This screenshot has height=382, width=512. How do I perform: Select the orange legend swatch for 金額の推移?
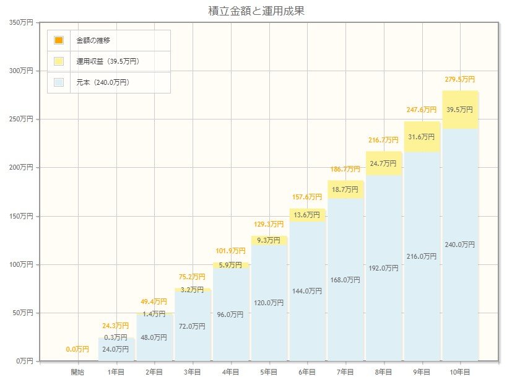(x=59, y=40)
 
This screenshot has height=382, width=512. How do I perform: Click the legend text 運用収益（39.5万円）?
(x=107, y=61)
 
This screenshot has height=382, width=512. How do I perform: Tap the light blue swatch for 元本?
(x=59, y=82)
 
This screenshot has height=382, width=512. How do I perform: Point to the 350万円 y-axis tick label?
(x=22, y=22)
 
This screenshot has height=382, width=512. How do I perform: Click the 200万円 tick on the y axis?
(x=22, y=168)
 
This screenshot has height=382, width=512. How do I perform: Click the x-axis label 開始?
(x=78, y=372)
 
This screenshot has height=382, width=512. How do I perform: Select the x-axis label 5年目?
(x=269, y=372)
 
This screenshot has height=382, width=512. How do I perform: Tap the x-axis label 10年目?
(x=459, y=372)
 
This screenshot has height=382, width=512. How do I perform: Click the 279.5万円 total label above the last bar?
(x=459, y=79)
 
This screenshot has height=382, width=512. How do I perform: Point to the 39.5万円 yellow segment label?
(x=459, y=110)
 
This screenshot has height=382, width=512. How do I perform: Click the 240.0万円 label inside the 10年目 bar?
(x=459, y=245)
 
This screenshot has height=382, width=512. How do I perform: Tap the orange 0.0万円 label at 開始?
(x=78, y=350)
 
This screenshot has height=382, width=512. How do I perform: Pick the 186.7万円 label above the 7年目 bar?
(x=345, y=168)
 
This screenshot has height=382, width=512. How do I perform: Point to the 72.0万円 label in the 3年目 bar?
(x=193, y=326)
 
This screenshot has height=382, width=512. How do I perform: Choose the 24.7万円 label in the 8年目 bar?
(x=383, y=163)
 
